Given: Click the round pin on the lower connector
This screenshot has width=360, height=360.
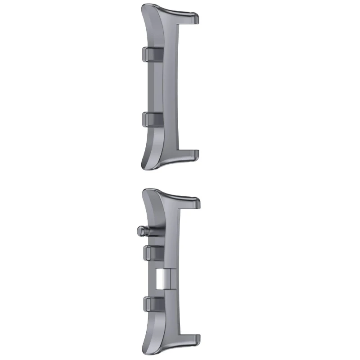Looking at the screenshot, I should [x=141, y=230].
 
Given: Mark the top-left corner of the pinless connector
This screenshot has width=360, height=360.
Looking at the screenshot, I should [x=144, y=6].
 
